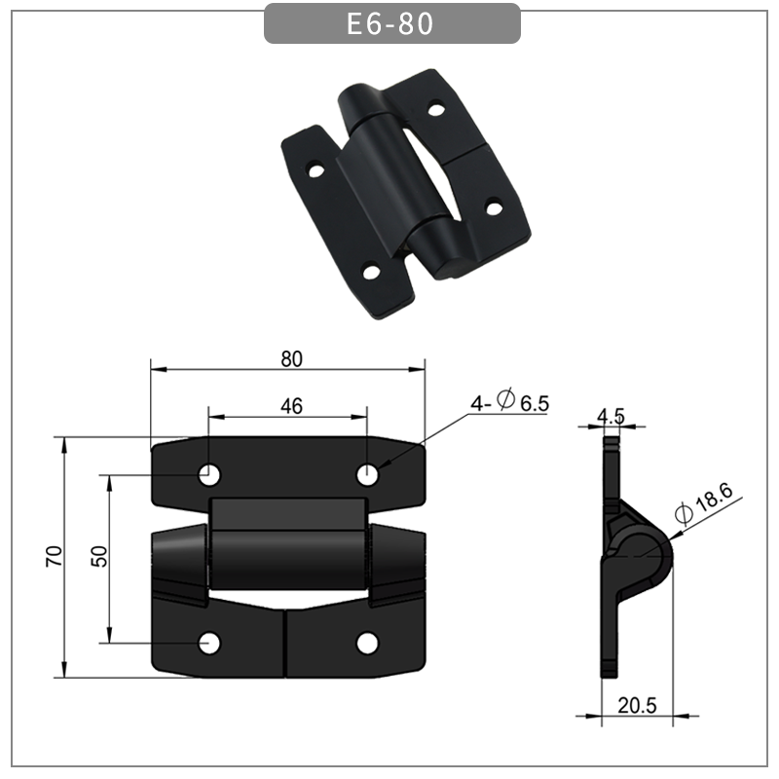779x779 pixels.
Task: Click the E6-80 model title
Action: [390, 23]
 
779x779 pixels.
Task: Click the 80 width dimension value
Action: [291, 358]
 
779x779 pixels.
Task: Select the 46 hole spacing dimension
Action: [290, 406]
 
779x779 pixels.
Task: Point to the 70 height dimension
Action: [55, 556]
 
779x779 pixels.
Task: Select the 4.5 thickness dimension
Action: [611, 416]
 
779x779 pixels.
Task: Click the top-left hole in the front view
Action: [209, 474]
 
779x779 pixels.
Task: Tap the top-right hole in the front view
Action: [367, 474]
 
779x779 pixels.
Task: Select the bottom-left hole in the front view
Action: [209, 643]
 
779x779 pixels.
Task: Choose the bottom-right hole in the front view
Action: [367, 643]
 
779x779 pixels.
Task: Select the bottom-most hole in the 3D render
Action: [372, 272]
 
